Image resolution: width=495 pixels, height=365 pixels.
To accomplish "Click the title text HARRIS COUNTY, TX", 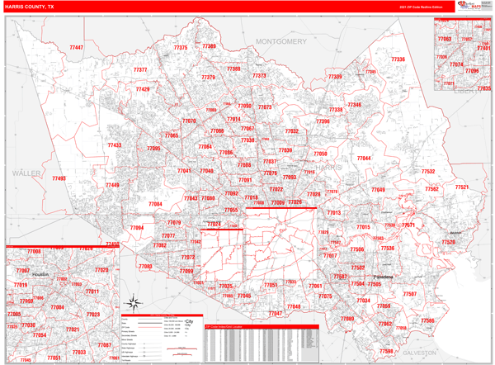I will click(30, 6).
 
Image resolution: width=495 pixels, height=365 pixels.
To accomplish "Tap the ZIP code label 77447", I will click(76, 48).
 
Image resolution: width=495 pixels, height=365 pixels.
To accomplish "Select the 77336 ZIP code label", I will click(398, 59).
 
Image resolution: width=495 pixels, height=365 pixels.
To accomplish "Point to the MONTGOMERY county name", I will click(280, 41).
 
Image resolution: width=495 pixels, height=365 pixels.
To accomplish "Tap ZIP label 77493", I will click(59, 178).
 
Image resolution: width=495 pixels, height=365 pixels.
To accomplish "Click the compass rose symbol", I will click(132, 302).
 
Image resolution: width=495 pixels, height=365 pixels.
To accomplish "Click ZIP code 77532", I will click(428, 172).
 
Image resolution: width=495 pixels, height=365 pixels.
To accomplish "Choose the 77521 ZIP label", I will click(460, 187).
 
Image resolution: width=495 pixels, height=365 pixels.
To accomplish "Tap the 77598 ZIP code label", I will click(386, 351).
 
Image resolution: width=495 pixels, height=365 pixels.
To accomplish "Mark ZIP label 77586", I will click(427, 320).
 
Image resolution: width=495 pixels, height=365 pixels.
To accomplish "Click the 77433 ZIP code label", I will click(114, 145).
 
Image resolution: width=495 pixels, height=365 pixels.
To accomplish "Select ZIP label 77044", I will click(364, 158).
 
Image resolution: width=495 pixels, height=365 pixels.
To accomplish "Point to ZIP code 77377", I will click(140, 70).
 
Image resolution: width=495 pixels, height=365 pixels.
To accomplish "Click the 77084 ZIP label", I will click(155, 204).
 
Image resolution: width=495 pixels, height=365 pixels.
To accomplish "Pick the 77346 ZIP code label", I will click(354, 105).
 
